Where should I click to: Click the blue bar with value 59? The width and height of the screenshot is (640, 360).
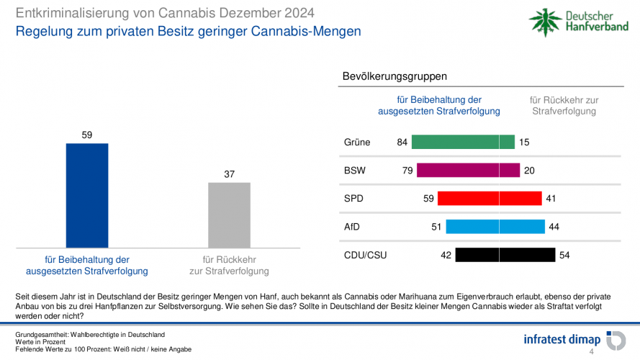coord(87,195)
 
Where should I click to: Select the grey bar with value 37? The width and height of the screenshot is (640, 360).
coord(229,215)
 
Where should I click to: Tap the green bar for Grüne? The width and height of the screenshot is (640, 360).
coord(463,143)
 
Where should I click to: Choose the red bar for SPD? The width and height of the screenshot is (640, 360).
coord(489,198)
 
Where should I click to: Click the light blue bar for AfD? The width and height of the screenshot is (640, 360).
coord(495,227)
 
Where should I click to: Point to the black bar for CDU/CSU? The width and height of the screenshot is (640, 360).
coord(505,255)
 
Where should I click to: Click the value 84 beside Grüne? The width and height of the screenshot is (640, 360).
coord(402,143)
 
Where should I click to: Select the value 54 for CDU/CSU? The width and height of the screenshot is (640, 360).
coord(564,255)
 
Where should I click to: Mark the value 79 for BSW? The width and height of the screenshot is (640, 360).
coord(407,171)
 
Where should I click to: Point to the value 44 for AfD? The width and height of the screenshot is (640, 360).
coord(554,227)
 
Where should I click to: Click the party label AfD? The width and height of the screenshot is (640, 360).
coord(352,227)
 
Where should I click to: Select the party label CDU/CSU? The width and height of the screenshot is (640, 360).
coord(365,255)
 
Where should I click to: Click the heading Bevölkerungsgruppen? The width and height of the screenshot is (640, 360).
coord(395,76)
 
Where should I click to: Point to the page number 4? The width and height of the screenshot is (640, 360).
coord(592,352)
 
